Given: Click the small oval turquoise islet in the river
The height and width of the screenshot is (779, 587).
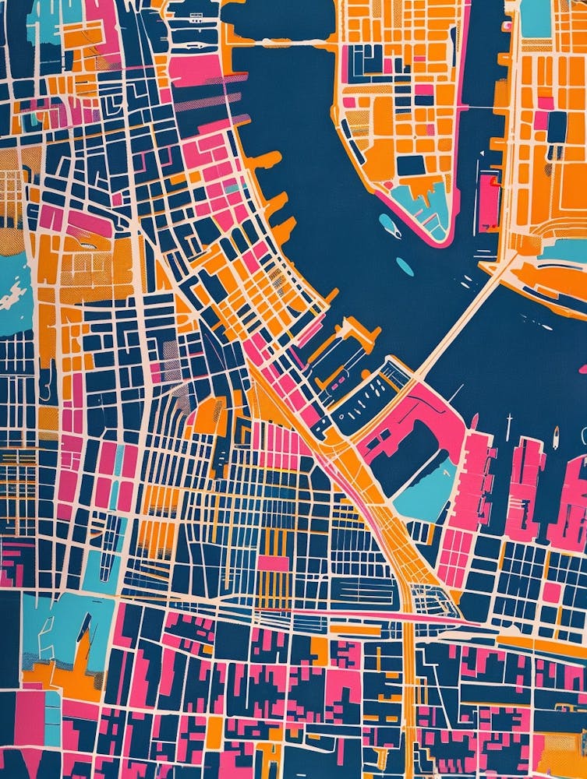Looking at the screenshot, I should [405, 266].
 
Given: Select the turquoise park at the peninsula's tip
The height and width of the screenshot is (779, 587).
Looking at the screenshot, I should [425, 204].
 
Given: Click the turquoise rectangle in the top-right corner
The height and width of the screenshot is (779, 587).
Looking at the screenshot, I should [536, 17].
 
